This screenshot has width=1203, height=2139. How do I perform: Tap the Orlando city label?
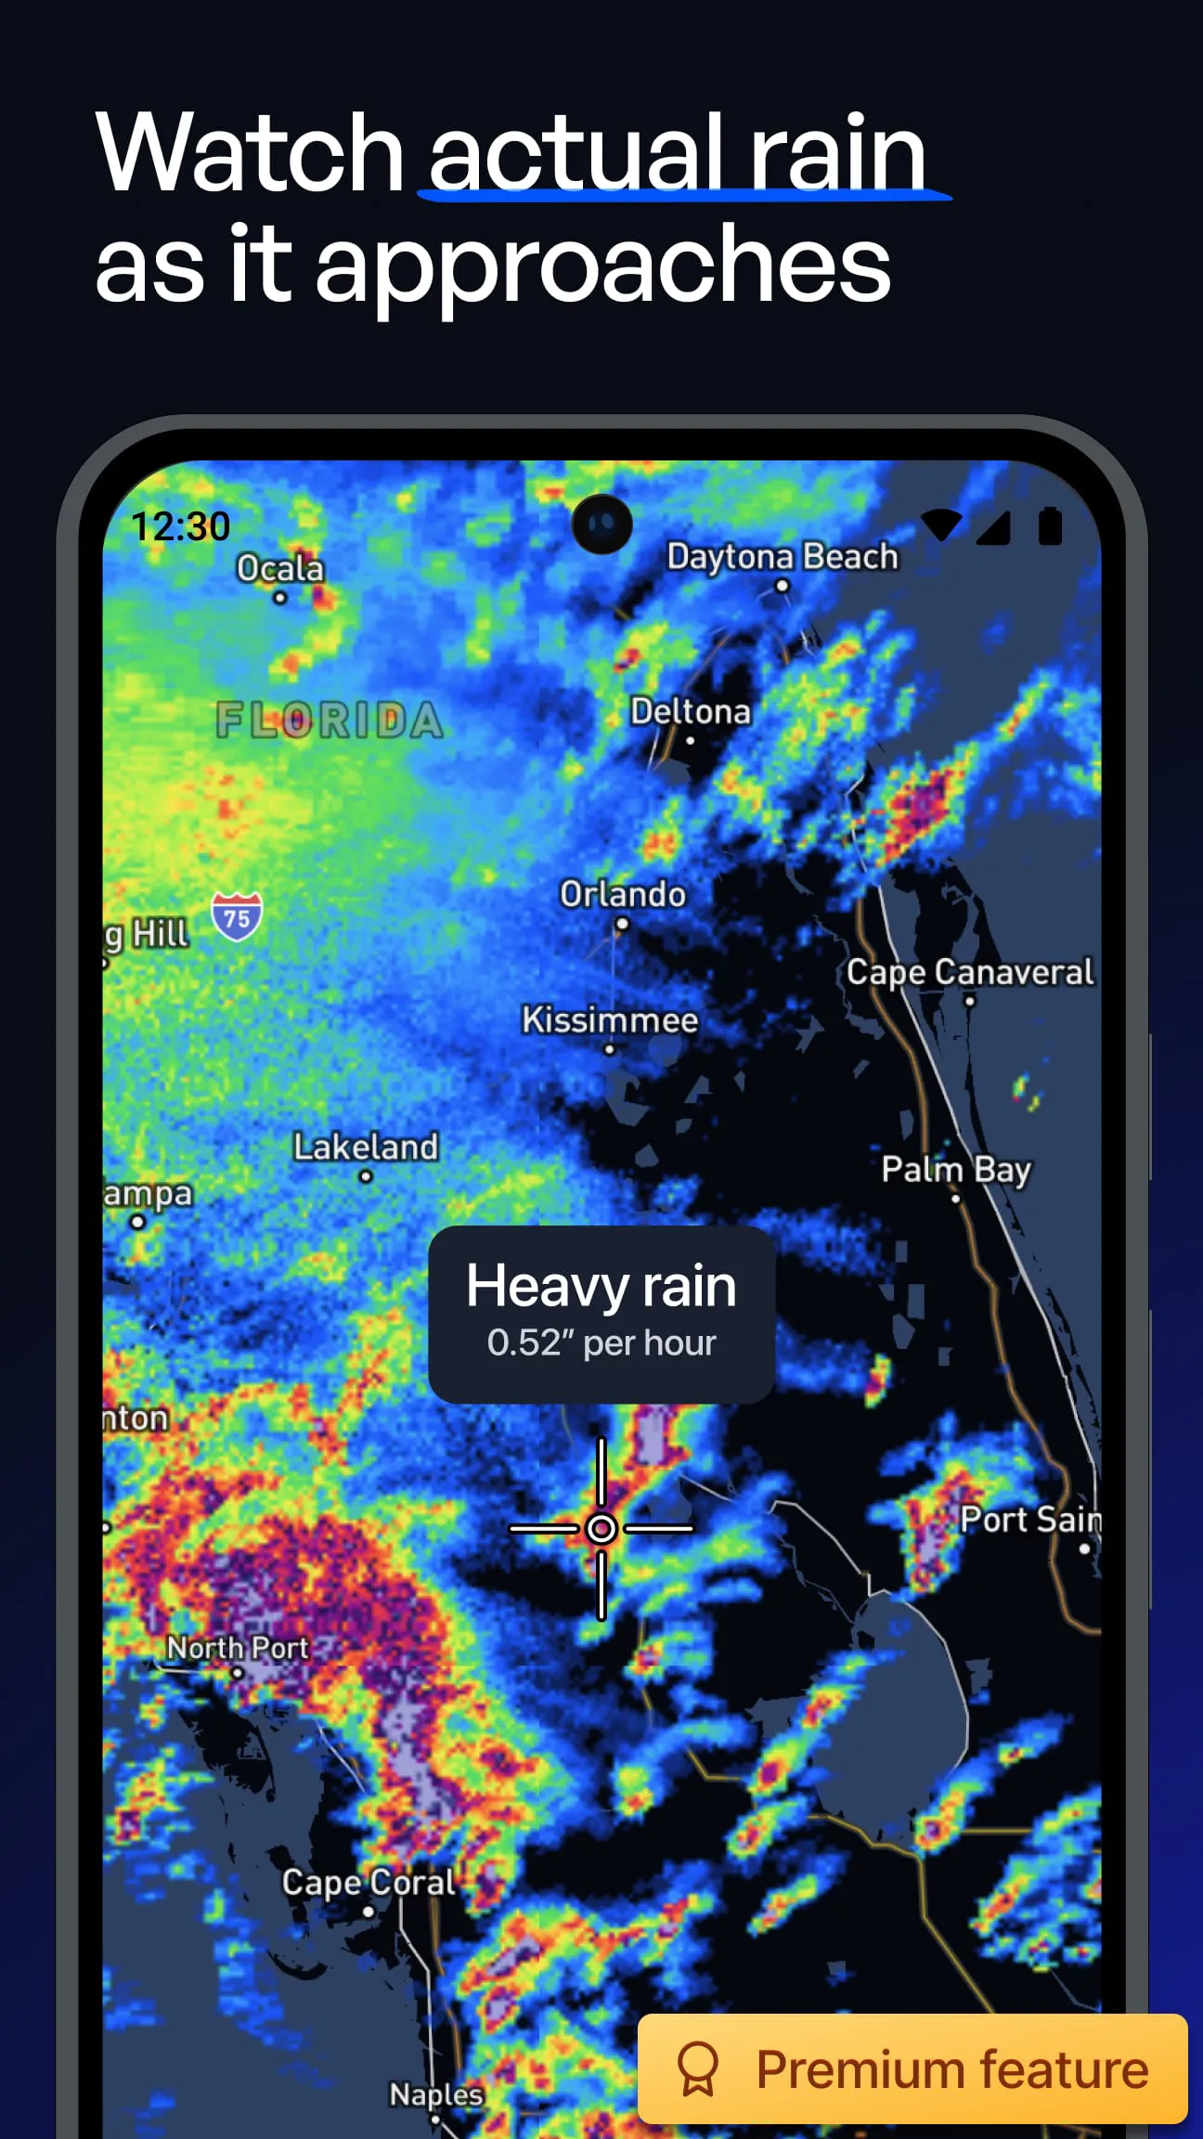point(622,894)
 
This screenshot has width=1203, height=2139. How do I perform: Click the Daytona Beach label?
point(783,557)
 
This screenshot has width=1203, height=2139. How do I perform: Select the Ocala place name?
point(279,568)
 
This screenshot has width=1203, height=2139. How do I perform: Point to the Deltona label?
point(691,712)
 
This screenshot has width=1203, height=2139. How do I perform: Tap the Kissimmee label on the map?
point(609,1020)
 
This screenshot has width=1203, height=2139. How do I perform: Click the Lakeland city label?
point(366,1147)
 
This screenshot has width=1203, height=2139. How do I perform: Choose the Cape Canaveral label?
point(969,972)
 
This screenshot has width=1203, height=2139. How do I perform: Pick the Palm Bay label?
point(955,1170)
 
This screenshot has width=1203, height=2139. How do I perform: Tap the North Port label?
point(238,1648)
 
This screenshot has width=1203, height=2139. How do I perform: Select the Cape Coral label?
point(369,1882)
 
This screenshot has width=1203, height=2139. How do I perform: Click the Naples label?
point(435,2094)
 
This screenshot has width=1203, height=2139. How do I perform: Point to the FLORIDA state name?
point(330,720)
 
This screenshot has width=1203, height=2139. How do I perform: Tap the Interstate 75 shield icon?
point(237,916)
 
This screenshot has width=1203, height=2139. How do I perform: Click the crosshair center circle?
point(601,1528)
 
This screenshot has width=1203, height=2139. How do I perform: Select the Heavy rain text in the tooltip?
point(601,1286)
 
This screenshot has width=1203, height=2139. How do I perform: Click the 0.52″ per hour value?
point(601,1343)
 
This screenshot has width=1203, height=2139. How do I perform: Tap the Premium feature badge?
point(912,2069)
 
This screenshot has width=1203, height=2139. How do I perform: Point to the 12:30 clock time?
point(180,526)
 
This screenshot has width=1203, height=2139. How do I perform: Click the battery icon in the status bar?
point(1050,525)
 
